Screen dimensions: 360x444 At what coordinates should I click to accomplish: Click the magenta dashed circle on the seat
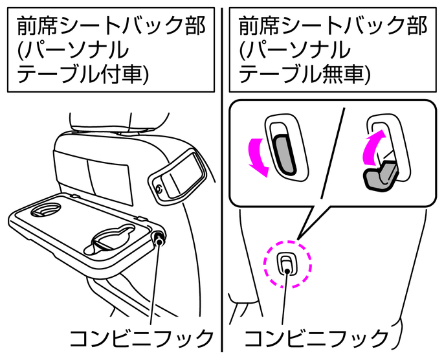(x=288, y=264)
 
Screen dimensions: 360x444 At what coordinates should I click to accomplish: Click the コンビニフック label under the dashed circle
(x=317, y=339)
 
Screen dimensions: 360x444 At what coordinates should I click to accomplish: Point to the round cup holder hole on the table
(x=45, y=210)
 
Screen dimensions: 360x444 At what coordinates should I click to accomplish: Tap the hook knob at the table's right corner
(x=159, y=241)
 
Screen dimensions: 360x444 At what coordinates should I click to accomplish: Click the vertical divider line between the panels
(x=222, y=194)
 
